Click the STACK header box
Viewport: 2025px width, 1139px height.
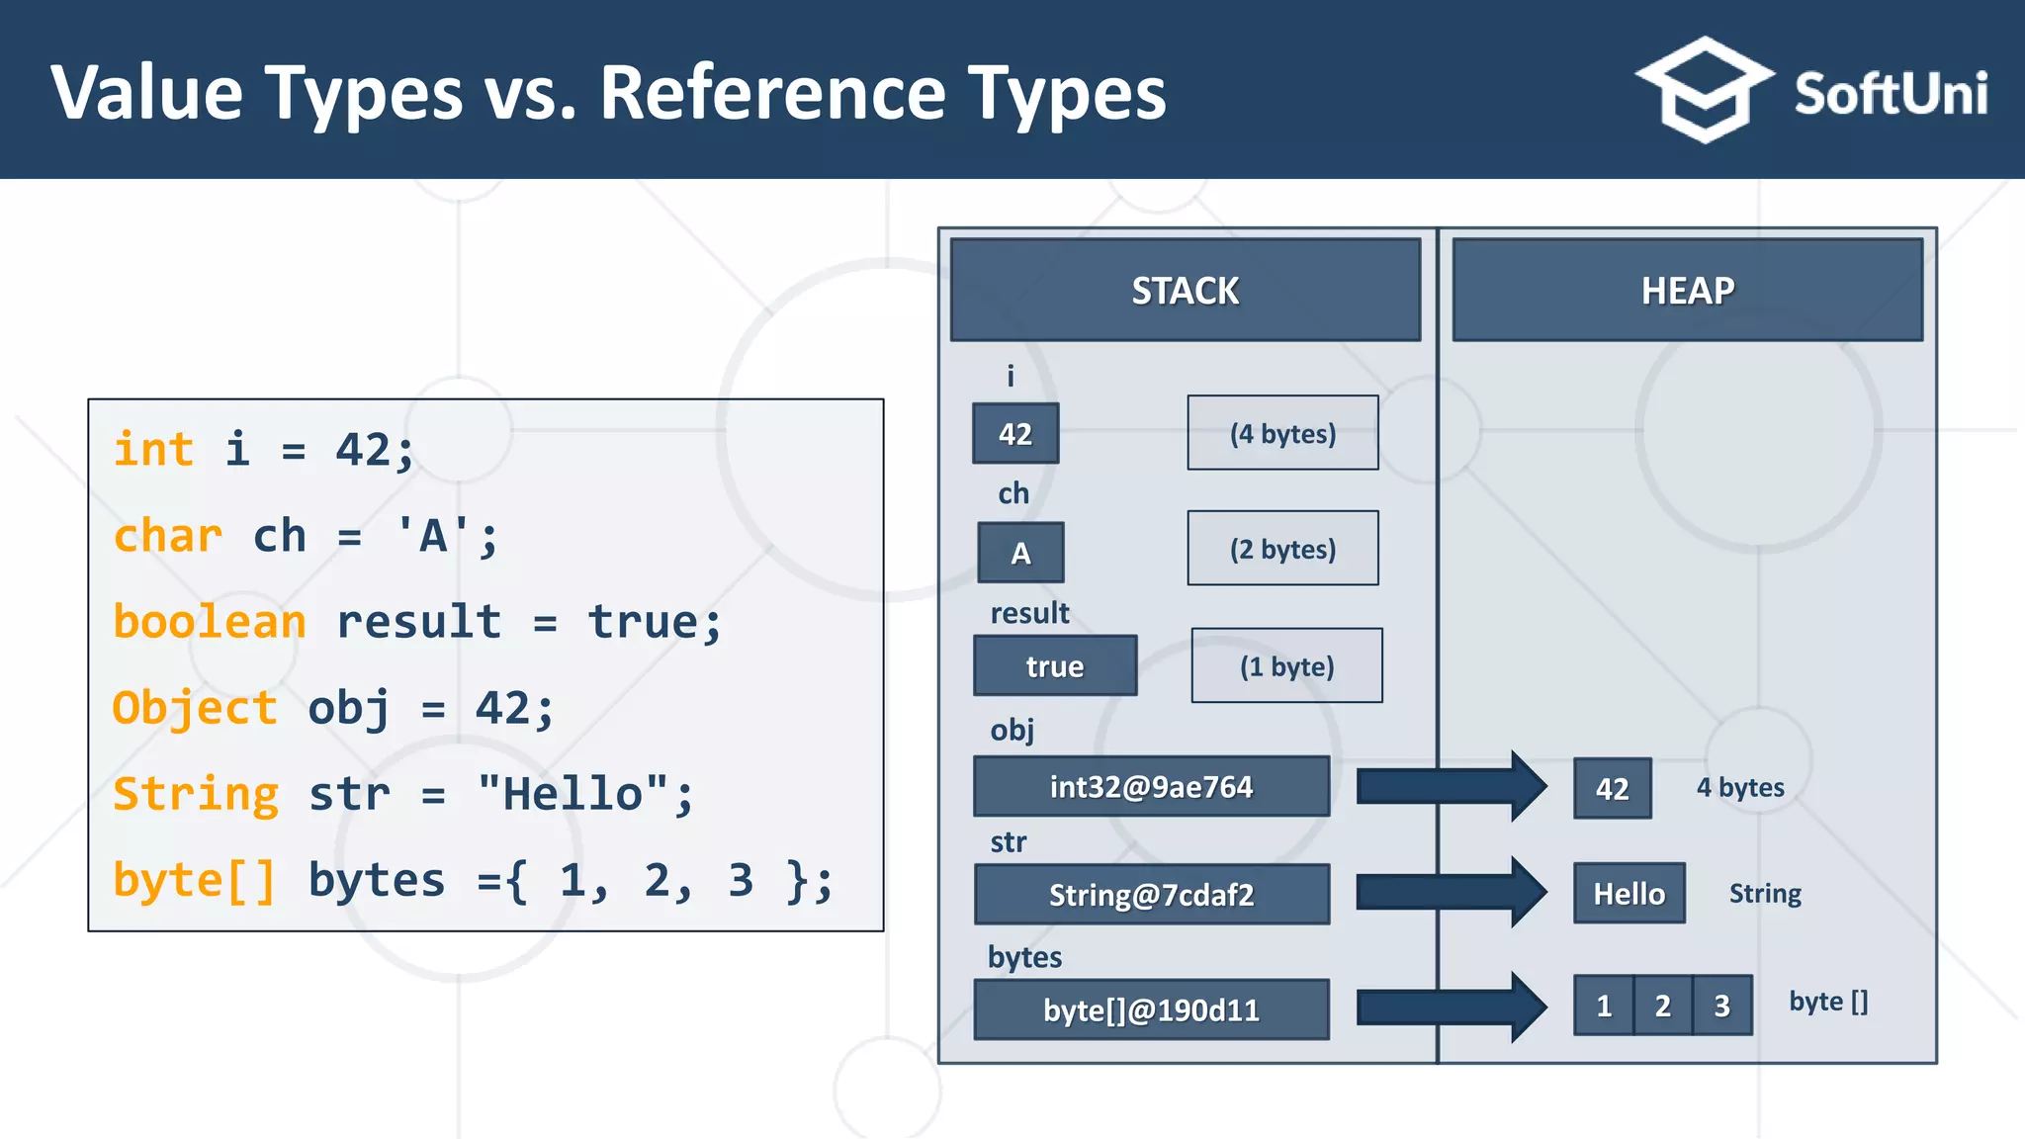point(1185,290)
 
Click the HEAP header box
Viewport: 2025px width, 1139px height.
point(1687,290)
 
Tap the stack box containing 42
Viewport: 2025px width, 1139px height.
point(1015,433)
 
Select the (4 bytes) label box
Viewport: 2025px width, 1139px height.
point(1282,433)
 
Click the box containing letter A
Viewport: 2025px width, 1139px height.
point(1020,553)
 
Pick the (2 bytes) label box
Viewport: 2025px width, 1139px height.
point(1282,549)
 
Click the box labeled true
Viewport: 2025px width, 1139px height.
point(1055,666)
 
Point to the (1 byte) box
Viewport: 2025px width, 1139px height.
point(1286,666)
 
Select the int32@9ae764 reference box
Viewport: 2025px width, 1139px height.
point(1151,787)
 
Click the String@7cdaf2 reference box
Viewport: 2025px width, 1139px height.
point(1151,895)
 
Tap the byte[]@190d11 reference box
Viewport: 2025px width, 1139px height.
point(1151,1009)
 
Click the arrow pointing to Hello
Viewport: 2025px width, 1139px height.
point(1449,892)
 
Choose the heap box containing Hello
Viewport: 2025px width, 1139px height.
point(1629,894)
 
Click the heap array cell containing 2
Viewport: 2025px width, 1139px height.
point(1663,1006)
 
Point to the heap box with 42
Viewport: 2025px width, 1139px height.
point(1612,788)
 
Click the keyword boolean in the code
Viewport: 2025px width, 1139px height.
point(210,622)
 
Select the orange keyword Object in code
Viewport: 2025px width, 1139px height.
point(195,708)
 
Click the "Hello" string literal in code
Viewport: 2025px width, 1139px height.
point(573,794)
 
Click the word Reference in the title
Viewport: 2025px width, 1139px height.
point(772,93)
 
